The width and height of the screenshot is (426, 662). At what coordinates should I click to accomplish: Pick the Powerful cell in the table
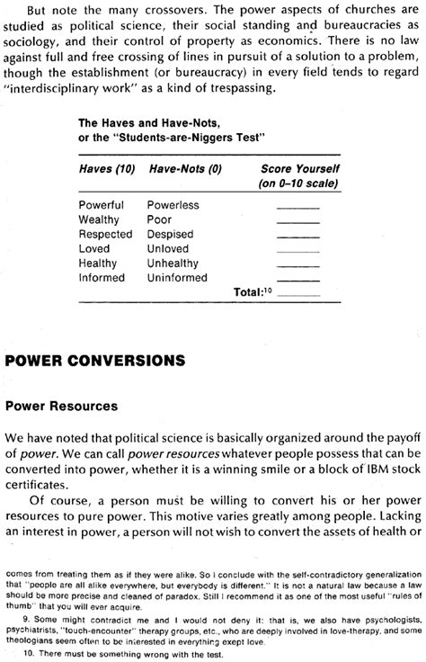pyautogui.click(x=102, y=205)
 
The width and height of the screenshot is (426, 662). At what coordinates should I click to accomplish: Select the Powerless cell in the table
pyautogui.click(x=173, y=205)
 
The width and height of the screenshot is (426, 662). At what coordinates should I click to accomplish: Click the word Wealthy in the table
pyautogui.click(x=100, y=219)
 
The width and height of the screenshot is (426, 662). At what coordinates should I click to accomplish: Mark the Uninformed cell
pyautogui.click(x=179, y=277)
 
